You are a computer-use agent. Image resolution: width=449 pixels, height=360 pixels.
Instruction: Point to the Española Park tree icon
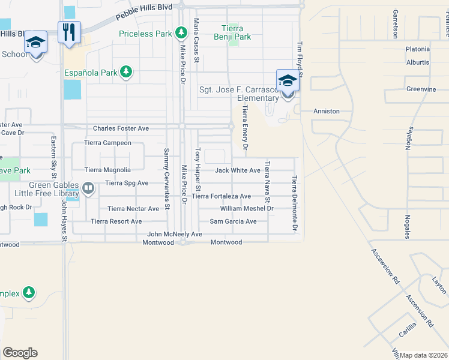coord(125,73)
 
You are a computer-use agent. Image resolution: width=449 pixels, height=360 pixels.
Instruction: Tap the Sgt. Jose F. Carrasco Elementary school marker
coord(288,80)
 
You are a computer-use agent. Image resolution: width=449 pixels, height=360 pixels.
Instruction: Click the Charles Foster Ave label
coord(121,128)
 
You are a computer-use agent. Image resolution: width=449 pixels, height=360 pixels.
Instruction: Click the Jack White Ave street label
coord(238,170)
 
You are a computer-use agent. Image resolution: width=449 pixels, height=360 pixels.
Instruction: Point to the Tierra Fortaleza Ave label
coord(221,196)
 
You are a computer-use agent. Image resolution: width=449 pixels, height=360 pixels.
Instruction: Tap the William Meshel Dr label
coord(247,209)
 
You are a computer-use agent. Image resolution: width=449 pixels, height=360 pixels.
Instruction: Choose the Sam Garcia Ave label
coord(233,221)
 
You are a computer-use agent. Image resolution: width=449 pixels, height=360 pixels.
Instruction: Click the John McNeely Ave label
coord(175,234)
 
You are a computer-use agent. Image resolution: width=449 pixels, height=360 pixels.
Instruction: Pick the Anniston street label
coord(327,111)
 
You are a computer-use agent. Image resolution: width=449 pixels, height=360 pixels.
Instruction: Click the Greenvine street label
coord(421,89)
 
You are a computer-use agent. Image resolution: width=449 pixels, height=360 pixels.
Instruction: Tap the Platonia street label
coord(418,49)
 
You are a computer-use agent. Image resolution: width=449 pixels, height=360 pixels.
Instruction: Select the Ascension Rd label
coord(420,310)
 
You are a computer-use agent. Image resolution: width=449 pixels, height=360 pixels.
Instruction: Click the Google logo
coord(20,352)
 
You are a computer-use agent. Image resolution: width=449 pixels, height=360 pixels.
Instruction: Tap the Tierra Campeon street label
coord(107,143)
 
